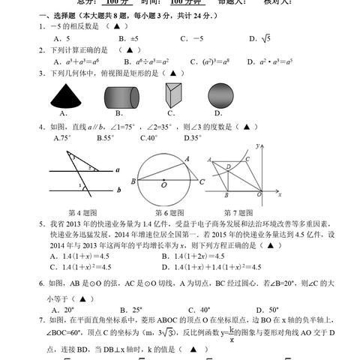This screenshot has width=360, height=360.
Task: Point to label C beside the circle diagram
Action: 202,181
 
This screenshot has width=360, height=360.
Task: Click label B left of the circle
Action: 132,181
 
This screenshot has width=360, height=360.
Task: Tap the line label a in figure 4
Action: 118,170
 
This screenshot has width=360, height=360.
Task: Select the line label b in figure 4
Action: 118,191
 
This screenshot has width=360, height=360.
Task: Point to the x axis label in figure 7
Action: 278,194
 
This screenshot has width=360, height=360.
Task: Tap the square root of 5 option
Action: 260,38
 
